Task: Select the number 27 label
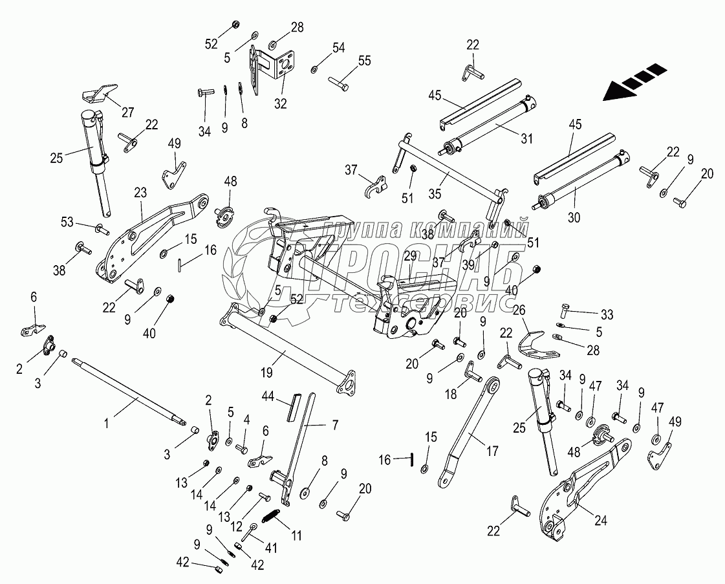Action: pyautogui.click(x=127, y=113)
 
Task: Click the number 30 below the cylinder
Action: pyautogui.click(x=574, y=218)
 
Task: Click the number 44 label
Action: pyautogui.click(x=269, y=395)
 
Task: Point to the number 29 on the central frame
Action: pyautogui.click(x=410, y=256)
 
